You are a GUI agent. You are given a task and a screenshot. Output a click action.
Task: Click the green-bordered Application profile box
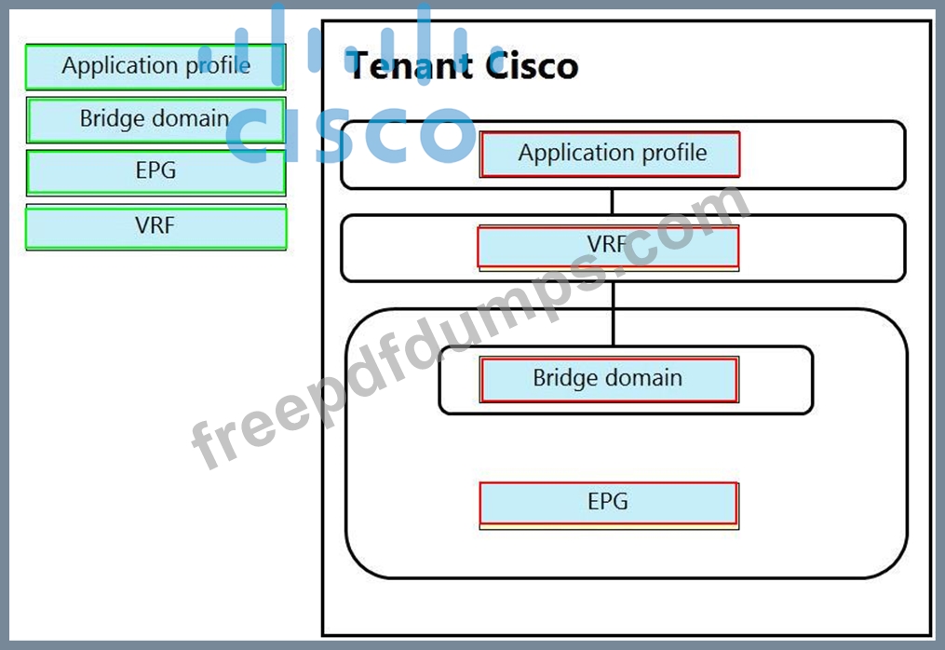(x=155, y=66)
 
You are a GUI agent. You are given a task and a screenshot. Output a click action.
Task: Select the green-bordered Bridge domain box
(x=155, y=119)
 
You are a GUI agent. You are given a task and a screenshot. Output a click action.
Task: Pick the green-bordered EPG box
(x=155, y=171)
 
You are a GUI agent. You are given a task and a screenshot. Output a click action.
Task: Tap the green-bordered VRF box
(x=155, y=227)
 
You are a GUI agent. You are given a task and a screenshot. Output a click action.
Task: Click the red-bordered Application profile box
(x=610, y=154)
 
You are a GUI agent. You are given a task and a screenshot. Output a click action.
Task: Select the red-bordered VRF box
(x=608, y=246)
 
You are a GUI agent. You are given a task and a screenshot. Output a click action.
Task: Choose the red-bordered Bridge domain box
(x=608, y=379)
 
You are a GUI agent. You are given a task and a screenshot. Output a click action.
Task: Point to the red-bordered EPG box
(x=608, y=503)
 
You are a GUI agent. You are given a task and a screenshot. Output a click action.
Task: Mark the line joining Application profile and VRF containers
(x=612, y=202)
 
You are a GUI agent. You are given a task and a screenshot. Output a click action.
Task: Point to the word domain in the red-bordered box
(x=644, y=378)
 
